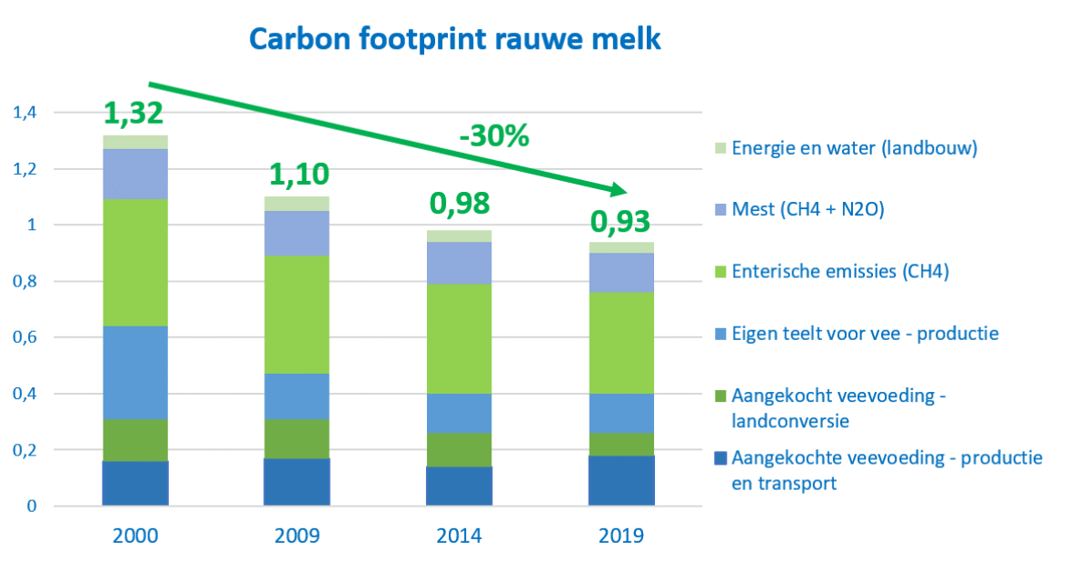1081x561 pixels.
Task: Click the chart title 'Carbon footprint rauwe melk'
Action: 455,39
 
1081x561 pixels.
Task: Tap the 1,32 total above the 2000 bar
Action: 134,114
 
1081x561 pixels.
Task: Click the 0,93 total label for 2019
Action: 620,222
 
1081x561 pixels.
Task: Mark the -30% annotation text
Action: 493,136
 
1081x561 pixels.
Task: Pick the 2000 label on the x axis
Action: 134,535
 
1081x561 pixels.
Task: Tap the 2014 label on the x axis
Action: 459,535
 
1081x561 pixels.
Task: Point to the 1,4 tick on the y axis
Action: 24,113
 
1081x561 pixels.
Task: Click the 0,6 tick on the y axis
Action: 24,337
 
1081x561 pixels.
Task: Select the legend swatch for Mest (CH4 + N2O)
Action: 718,210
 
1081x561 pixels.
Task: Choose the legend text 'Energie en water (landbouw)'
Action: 854,148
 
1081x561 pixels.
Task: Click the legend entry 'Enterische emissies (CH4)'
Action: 839,272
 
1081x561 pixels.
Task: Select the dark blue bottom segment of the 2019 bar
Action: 620,480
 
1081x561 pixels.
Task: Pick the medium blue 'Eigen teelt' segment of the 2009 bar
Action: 296,396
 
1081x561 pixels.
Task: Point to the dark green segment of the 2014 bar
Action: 459,449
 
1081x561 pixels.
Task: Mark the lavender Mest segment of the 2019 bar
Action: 620,272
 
